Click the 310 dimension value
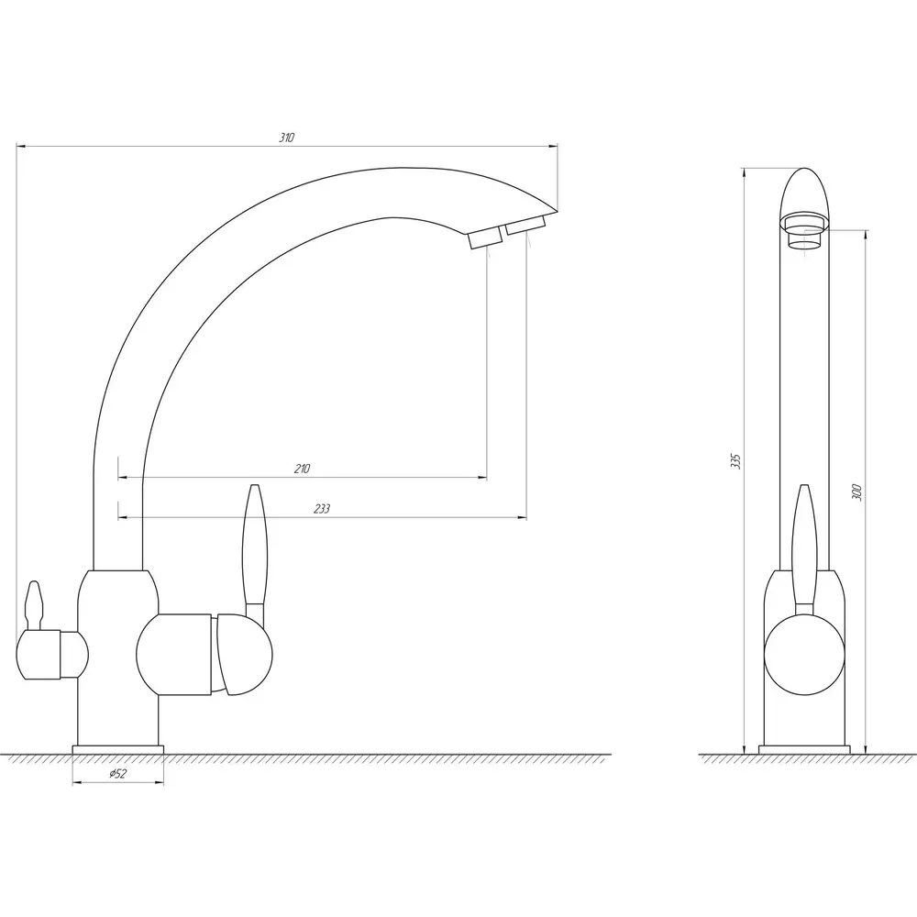click(286, 138)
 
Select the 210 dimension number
click(303, 469)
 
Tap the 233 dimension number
click(322, 509)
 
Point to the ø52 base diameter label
click(117, 774)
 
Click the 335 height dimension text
click(735, 461)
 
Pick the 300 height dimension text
click(856, 492)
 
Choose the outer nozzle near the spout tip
click(525, 226)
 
